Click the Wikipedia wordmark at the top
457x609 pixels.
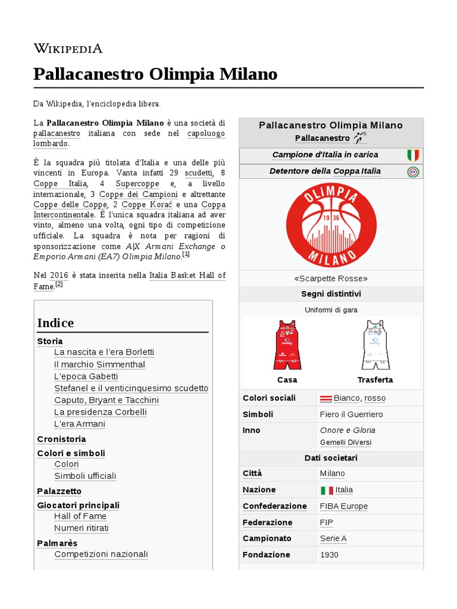click(68, 48)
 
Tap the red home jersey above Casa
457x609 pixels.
click(287, 345)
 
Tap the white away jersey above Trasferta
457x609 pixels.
click(375, 345)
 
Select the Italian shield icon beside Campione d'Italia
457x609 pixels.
click(413, 155)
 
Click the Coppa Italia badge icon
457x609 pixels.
click(413, 172)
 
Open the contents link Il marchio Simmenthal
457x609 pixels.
click(99, 365)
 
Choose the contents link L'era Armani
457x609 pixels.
click(79, 424)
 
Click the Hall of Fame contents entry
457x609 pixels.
click(80, 516)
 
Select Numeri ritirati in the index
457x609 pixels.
click(81, 528)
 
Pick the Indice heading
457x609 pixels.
click(55, 323)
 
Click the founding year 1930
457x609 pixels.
click(330, 555)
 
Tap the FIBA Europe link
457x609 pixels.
click(343, 506)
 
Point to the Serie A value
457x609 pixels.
click(333, 538)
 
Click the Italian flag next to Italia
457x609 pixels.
click(327, 491)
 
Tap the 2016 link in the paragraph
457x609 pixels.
click(59, 275)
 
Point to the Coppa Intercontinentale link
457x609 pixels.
click(64, 214)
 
